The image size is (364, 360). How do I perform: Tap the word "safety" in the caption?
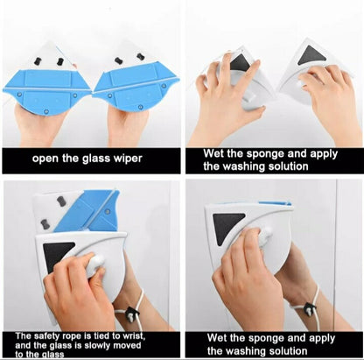point(47,336)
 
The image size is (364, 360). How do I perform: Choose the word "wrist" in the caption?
point(133,336)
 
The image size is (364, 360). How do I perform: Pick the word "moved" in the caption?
point(127,346)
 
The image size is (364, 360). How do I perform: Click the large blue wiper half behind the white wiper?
point(87,209)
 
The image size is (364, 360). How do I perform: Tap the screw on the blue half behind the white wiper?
point(108,211)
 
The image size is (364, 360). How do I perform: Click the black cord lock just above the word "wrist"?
point(132,314)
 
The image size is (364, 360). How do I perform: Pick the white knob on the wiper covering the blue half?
point(95,265)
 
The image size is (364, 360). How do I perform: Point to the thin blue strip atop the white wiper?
point(275,202)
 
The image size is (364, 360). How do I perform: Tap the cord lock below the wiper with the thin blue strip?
point(310,307)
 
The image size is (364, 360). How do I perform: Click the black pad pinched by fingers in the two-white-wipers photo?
point(240,62)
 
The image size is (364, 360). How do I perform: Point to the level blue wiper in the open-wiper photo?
point(46,91)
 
